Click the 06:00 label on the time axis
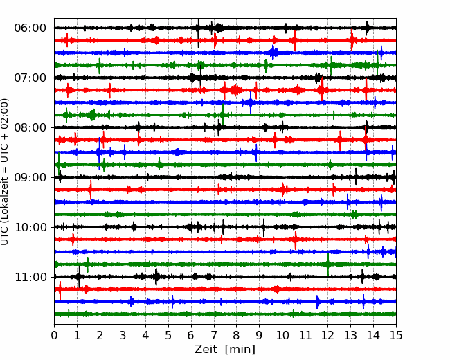pos(30,28)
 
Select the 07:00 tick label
pos(30,78)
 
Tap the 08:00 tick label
pos(30,127)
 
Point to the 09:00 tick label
pos(30,177)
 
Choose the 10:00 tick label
pos(30,227)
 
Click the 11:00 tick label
pos(30,277)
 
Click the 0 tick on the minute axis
pos(54,335)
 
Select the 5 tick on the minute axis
pos(168,335)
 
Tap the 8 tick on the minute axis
pos(237,335)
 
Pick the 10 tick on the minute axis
pos(282,335)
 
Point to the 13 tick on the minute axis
pos(350,335)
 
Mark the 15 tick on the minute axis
pos(396,335)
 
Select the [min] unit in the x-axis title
pos(240,350)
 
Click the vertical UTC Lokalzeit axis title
pos(4,172)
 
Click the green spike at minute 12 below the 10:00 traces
pos(327,264)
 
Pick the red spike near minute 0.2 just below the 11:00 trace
pos(60,290)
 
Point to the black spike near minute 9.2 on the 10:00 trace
pos(264,228)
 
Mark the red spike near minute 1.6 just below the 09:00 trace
pos(91,190)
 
